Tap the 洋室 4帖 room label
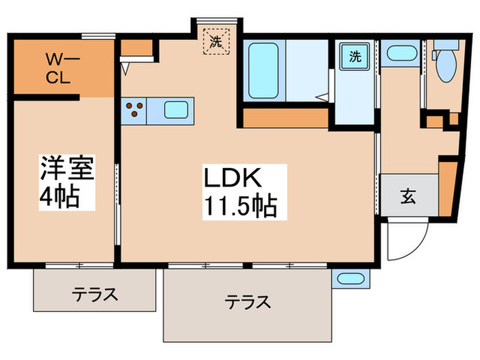point(67,182)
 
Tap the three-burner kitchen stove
point(134,109)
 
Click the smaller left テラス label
point(95,296)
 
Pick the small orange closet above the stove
point(139,51)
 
